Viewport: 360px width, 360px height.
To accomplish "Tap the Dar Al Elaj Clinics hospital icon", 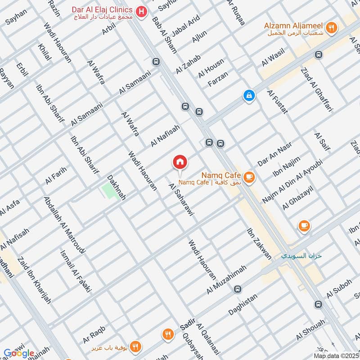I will [x=141, y=11].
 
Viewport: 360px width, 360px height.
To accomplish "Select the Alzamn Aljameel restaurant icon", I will [x=332, y=27].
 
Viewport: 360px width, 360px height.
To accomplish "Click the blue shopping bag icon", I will [x=248, y=95].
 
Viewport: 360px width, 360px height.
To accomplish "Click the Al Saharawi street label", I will [x=181, y=200].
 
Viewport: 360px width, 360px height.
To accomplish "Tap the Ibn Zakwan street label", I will [x=259, y=243].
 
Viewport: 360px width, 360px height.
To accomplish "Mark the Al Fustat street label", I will [x=277, y=102].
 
